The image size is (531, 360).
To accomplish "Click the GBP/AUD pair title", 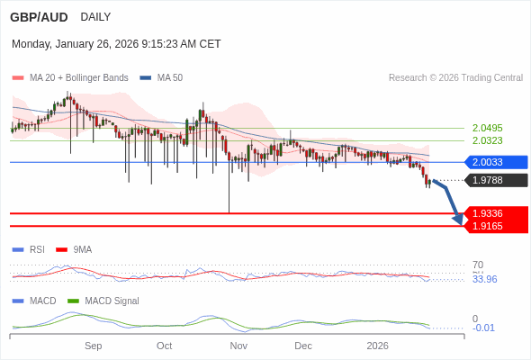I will pos(39,17).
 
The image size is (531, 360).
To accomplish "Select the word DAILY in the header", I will pos(95,17).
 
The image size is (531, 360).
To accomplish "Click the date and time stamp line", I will pos(116,44).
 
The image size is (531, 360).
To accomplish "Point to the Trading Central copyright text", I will pos(455,78).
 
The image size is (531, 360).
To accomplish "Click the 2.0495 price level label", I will pos(487,128).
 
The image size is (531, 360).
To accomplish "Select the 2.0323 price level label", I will pos(487,140).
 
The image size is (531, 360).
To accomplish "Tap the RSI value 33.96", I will pos(484,279).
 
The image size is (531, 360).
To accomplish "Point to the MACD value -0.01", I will pos(483,328).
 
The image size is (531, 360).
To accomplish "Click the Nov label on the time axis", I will pos(238,346).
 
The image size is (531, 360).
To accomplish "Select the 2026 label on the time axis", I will pos(377,346).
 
